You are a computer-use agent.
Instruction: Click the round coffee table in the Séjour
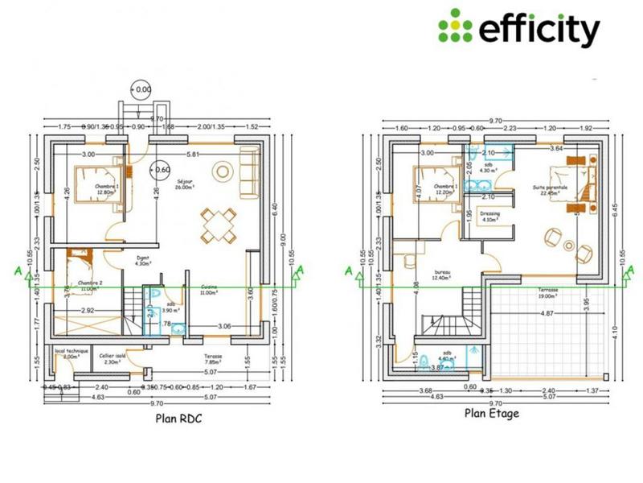click(x=222, y=171)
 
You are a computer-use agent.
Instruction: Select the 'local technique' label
click(x=71, y=354)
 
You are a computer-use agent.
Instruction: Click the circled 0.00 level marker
click(x=141, y=89)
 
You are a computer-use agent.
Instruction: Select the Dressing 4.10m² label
click(x=490, y=216)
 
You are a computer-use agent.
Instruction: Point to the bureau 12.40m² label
click(x=442, y=276)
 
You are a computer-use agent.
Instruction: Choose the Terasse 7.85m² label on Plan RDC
click(x=213, y=359)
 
